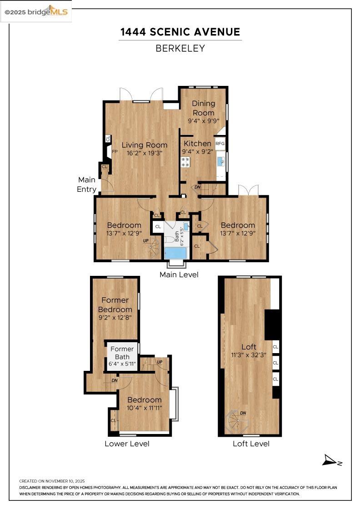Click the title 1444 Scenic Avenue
point(180,32)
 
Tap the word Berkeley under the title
point(180,48)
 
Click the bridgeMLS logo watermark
point(36,12)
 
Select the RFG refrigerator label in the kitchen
point(220,144)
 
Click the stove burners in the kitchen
point(185,162)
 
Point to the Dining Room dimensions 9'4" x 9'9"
point(204,121)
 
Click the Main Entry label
point(87,185)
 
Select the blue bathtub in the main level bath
point(176,253)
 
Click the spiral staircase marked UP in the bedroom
point(154,248)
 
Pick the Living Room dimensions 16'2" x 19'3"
point(145,153)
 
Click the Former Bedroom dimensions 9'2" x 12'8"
point(115,318)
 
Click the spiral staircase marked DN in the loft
point(238,422)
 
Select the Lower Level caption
point(127,444)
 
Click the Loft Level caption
point(251,444)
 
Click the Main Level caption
point(179,274)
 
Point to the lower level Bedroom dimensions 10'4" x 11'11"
point(144,408)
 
